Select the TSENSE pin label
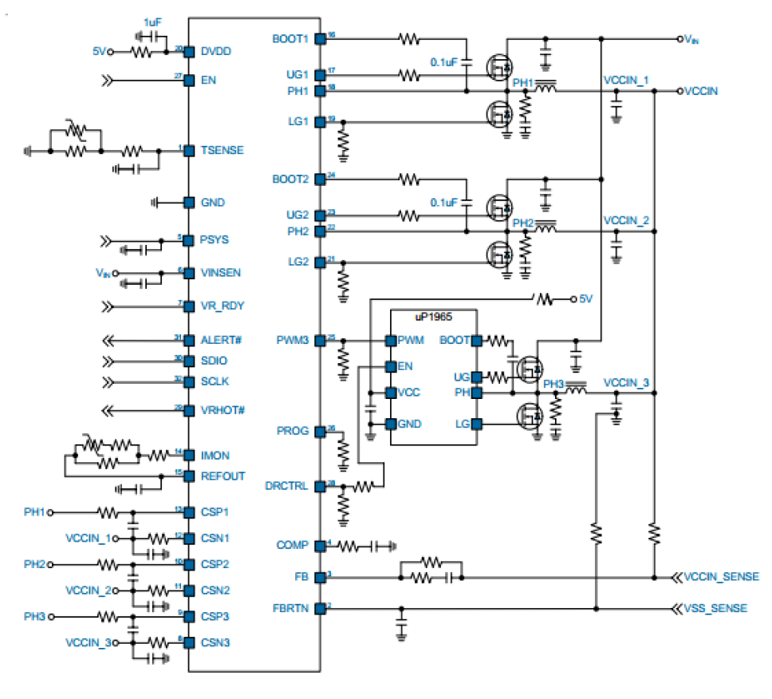(x=223, y=150)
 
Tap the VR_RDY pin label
(x=221, y=306)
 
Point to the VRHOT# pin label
(x=223, y=410)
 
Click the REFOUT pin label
(x=223, y=476)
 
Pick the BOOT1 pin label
(x=289, y=38)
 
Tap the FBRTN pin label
(x=290, y=608)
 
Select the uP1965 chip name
(x=433, y=318)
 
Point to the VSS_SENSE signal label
(x=715, y=608)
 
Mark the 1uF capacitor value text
(x=152, y=22)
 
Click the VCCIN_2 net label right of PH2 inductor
(x=626, y=219)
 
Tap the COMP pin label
(x=293, y=545)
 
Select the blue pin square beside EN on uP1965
(x=390, y=367)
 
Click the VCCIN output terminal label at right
(x=701, y=91)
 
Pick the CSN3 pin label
(x=215, y=641)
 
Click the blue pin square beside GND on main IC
(x=189, y=203)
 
